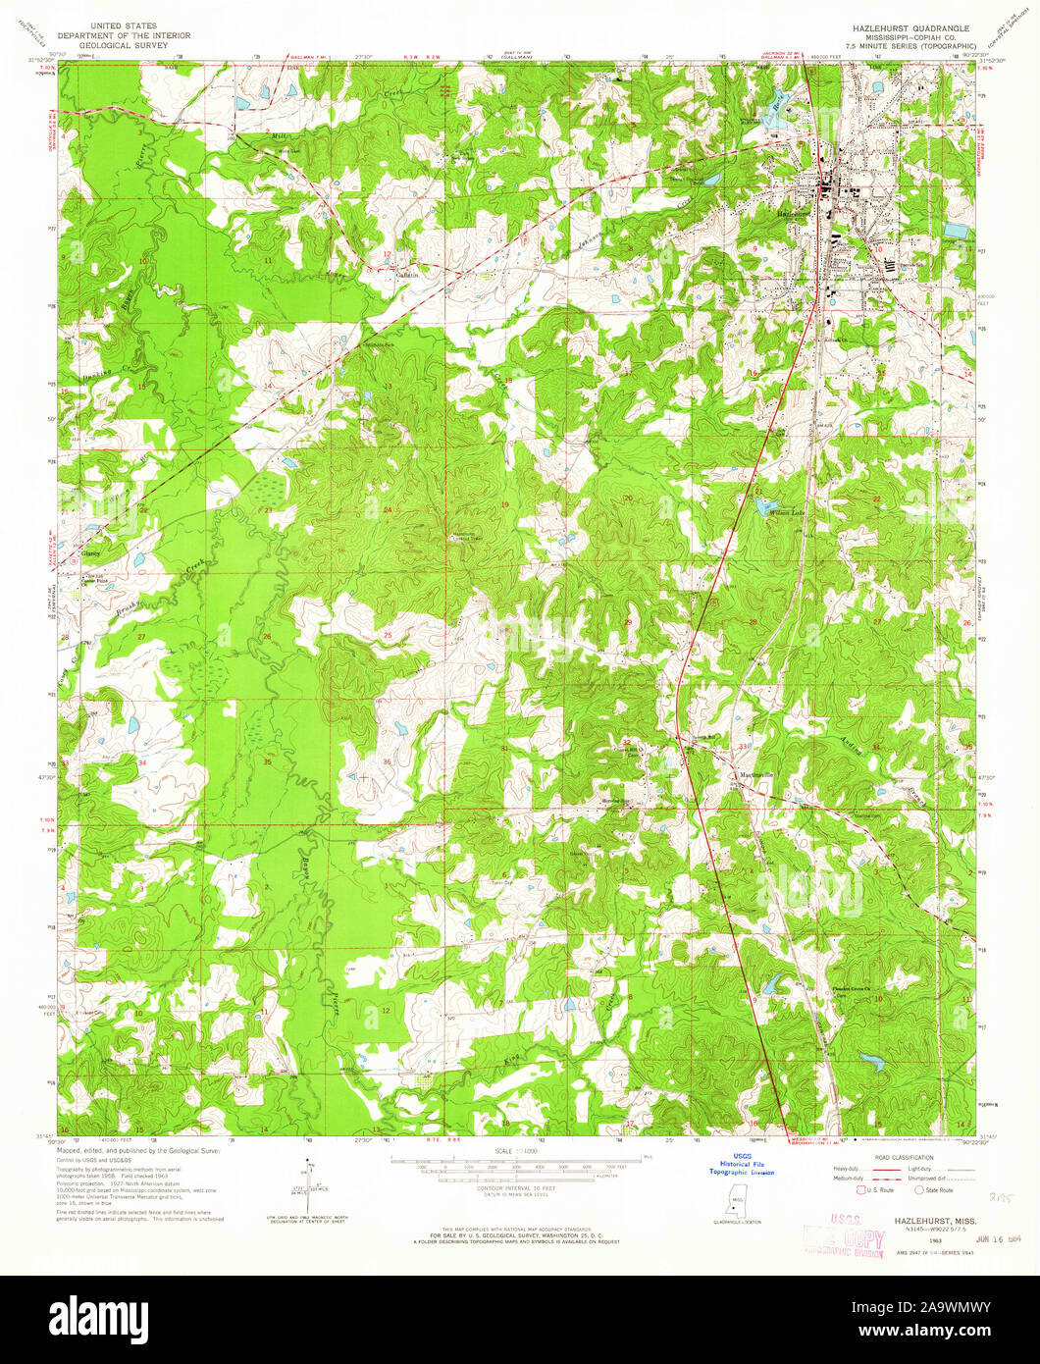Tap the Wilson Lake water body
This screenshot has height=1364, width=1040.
[x=761, y=506]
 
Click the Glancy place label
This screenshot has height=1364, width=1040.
[x=91, y=552]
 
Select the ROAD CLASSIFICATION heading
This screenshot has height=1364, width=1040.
[x=885, y=1159]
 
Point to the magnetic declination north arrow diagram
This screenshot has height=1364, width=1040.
[x=307, y=1186]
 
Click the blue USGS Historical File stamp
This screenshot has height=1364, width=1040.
[x=742, y=1165]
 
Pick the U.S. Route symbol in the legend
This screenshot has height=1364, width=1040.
[x=861, y=1189]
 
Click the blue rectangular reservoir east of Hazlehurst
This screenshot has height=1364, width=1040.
[x=953, y=232]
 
